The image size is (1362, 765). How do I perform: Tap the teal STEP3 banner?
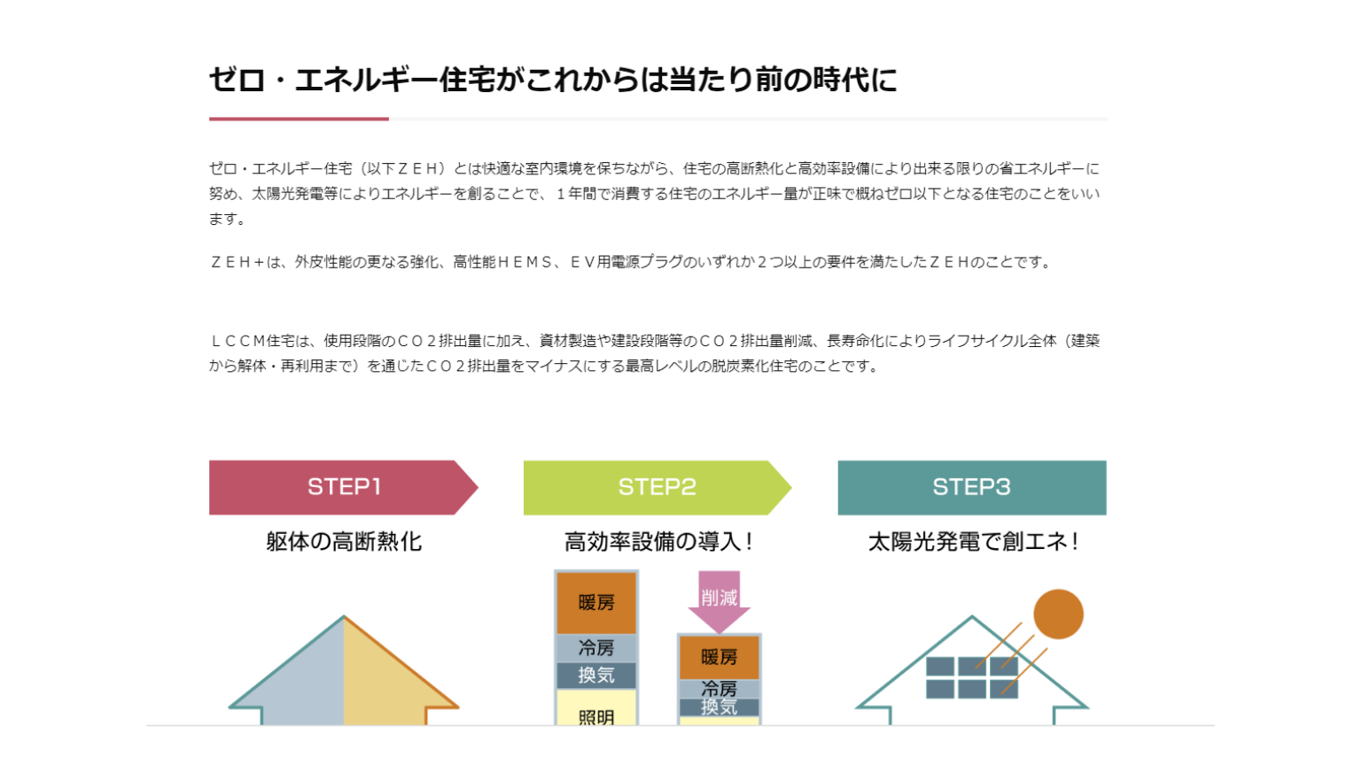(x=971, y=487)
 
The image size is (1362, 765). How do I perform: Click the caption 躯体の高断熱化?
(x=344, y=541)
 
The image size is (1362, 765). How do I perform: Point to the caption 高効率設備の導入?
(x=658, y=541)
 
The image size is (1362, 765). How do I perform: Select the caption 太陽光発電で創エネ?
(x=973, y=541)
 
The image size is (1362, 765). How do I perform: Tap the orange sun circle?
(x=1059, y=614)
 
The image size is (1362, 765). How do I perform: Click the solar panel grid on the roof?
(x=971, y=677)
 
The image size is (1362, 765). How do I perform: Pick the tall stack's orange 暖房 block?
(x=595, y=603)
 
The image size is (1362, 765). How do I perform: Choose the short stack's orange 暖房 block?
(x=719, y=657)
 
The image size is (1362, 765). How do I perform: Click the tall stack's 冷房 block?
(x=595, y=648)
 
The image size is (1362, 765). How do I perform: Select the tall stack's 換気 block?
(x=595, y=675)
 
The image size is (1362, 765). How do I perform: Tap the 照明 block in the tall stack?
(x=595, y=708)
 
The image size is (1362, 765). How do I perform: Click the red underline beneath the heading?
(x=299, y=120)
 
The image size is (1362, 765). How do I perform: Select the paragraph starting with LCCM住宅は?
(x=654, y=353)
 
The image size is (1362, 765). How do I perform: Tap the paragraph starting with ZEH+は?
(x=630, y=262)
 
